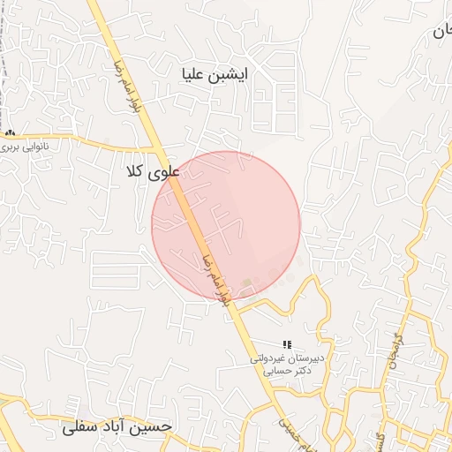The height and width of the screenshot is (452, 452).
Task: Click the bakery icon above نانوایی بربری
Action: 11,133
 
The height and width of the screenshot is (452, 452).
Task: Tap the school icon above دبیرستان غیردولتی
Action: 286,343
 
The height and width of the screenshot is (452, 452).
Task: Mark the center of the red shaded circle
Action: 226,225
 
